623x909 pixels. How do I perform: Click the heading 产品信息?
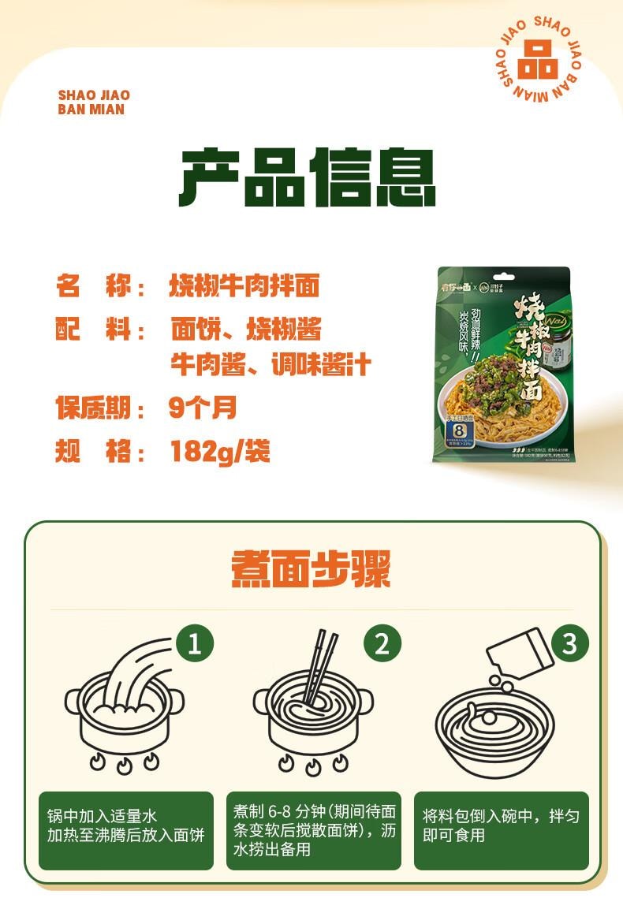[x=308, y=177]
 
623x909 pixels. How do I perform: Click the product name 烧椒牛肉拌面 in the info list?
[x=245, y=285]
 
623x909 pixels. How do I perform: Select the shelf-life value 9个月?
[x=203, y=408]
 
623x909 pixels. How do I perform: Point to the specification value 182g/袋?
[x=220, y=452]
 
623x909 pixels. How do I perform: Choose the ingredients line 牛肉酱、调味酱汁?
[x=270, y=365]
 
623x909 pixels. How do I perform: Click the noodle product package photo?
[x=505, y=365]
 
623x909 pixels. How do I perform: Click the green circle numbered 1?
[x=194, y=644]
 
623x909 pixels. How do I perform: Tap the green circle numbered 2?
[x=382, y=644]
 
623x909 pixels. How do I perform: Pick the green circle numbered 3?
[x=569, y=644]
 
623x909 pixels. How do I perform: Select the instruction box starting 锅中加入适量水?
[x=125, y=830]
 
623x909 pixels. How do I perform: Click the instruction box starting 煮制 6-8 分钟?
[x=313, y=830]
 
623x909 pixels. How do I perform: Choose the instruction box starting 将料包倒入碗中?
[x=501, y=830]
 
